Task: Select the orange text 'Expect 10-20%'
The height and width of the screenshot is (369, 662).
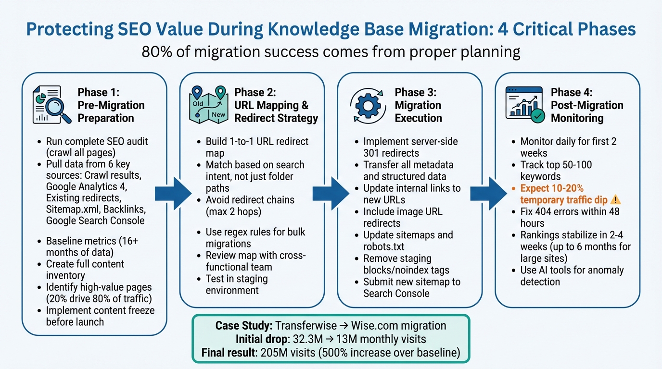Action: pyautogui.click(x=552, y=188)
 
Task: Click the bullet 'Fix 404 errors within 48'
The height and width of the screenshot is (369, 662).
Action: pyautogui.click(x=570, y=211)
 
